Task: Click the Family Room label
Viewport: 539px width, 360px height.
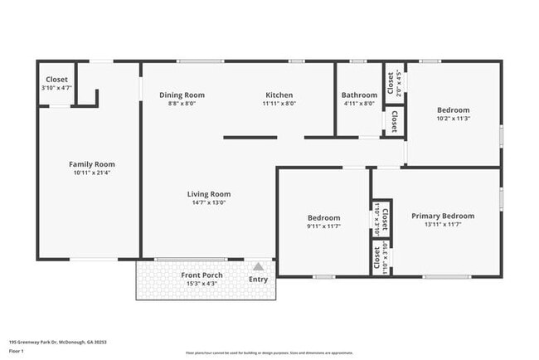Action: click(91, 164)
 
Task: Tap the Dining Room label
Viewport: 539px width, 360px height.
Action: click(182, 95)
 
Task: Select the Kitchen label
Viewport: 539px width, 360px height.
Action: click(279, 95)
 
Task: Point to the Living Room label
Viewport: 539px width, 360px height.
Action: click(208, 194)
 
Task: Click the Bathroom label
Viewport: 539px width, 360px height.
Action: click(359, 95)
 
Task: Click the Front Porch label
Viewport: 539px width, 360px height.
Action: click(201, 275)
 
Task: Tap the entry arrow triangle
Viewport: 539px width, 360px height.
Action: click(259, 267)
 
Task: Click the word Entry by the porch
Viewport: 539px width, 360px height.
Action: click(259, 280)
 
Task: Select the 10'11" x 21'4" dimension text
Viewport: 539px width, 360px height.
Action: click(91, 173)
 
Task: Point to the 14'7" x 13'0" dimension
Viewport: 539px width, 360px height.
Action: click(208, 202)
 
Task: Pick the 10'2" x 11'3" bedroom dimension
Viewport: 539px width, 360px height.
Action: click(454, 119)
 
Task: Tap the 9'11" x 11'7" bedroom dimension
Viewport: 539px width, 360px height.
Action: click(323, 226)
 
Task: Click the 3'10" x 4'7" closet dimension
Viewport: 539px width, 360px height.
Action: click(56, 87)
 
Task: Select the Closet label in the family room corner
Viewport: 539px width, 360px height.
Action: click(56, 79)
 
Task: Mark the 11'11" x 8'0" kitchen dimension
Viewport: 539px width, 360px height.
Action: click(279, 104)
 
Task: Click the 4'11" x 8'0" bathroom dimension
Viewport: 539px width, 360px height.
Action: click(359, 104)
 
